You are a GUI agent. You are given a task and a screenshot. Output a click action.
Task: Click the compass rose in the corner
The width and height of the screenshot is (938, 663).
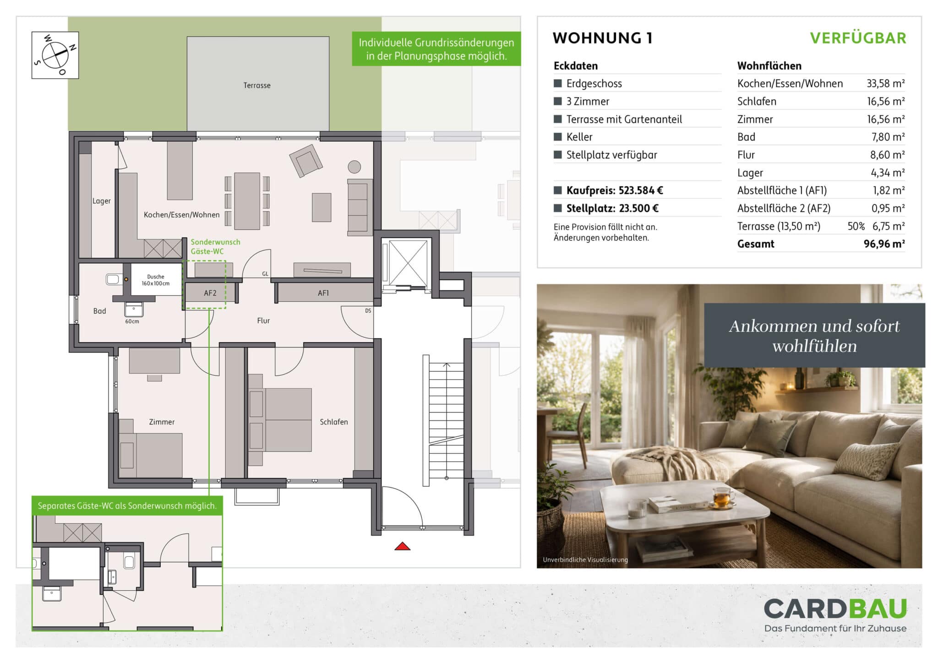click(x=55, y=55)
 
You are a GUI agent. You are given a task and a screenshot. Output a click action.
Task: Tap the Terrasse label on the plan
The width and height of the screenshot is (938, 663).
click(x=257, y=86)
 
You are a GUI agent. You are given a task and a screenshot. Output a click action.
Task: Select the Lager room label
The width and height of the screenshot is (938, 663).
click(x=101, y=201)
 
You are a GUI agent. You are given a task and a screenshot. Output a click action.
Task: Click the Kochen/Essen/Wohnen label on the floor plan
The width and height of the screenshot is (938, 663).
click(x=182, y=215)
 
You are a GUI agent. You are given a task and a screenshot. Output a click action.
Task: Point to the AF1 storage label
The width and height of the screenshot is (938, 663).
click(x=323, y=293)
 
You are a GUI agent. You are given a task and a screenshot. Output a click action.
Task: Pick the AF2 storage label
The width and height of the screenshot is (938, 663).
click(x=210, y=293)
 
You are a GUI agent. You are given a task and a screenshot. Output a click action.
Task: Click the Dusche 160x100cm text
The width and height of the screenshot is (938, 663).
click(x=156, y=280)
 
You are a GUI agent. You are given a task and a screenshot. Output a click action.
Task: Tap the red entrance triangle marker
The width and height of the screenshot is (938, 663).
click(x=402, y=546)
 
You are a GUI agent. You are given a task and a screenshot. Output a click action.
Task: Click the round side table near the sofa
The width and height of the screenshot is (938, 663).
click(x=354, y=167)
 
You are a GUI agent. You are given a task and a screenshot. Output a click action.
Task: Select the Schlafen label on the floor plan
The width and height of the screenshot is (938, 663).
click(x=334, y=422)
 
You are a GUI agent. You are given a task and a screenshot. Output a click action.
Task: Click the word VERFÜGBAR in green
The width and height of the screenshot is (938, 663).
click(x=858, y=38)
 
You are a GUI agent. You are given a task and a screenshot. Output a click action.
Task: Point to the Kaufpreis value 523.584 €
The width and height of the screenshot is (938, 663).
click(x=641, y=190)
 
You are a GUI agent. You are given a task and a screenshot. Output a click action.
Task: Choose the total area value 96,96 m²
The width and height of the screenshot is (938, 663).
click(x=884, y=244)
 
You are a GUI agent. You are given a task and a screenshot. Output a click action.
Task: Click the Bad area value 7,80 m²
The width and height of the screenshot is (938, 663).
click(x=888, y=137)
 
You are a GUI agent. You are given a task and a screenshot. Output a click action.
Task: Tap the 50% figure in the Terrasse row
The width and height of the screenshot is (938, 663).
click(x=856, y=226)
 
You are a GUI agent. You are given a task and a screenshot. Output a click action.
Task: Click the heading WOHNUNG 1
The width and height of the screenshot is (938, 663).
click(x=603, y=38)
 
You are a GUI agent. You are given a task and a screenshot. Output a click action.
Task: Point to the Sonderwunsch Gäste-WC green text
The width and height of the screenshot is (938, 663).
click(x=215, y=247)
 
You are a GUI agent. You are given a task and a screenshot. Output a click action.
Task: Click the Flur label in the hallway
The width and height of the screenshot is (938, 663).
click(x=263, y=321)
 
